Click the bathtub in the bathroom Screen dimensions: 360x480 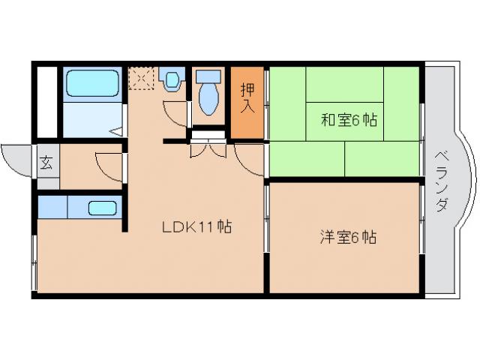[x=91, y=83]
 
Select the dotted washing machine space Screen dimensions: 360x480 [x=140, y=78]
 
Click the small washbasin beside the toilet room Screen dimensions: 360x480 [x=172, y=78]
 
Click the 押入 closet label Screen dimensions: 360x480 [x=247, y=98]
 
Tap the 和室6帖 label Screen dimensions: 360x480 [x=349, y=121]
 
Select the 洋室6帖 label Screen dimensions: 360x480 [x=348, y=238]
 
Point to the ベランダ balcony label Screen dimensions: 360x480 [x=442, y=180]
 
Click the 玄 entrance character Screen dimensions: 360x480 [x=46, y=161]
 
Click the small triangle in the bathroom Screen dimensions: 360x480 [x=117, y=130]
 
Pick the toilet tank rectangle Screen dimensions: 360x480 [x=208, y=76]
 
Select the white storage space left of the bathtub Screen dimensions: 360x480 [x=46, y=102]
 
